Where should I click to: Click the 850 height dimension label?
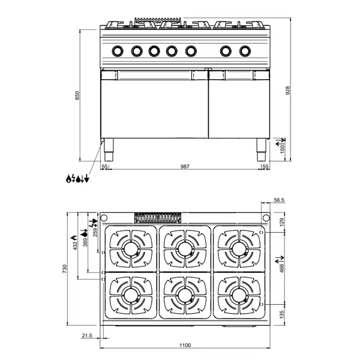[x=77, y=96]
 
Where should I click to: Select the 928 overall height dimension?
[x=289, y=90]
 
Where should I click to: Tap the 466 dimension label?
[x=281, y=266]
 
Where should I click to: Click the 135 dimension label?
[x=282, y=313]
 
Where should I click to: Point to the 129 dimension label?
[x=282, y=222]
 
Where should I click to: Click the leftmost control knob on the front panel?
[x=119, y=50]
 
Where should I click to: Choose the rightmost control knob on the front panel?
[x=245, y=50]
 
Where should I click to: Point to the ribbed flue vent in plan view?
[x=158, y=218]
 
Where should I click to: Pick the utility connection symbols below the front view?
[x=77, y=178]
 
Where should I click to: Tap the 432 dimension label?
[x=74, y=246]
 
